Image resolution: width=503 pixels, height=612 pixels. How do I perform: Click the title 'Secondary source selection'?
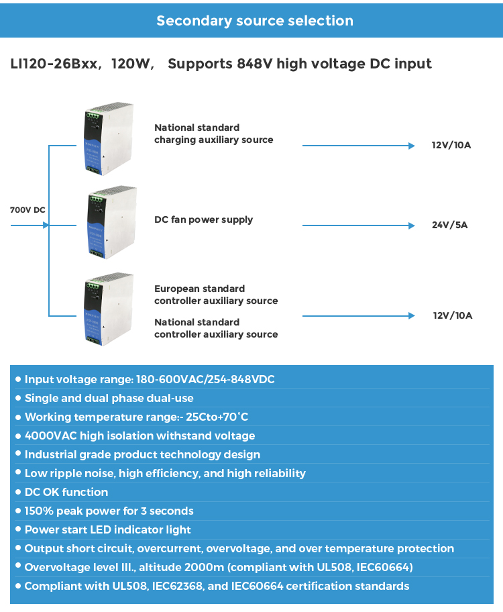(x=255, y=21)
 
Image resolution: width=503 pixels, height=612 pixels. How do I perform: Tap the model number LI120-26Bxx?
(x=54, y=64)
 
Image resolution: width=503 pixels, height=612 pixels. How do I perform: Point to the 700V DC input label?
(x=27, y=210)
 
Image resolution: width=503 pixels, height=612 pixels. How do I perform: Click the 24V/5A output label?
(x=449, y=225)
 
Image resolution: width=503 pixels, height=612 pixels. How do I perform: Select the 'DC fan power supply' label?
(x=203, y=219)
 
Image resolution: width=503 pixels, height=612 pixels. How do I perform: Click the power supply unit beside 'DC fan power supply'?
(x=111, y=222)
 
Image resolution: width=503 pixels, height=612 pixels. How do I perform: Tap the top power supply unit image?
(x=109, y=138)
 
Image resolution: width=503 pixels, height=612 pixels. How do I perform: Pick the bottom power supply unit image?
(x=109, y=309)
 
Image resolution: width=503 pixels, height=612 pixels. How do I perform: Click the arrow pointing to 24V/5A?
(x=359, y=225)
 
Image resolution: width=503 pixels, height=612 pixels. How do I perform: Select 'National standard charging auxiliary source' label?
(x=213, y=134)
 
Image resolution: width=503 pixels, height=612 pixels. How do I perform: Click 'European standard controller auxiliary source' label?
(x=216, y=295)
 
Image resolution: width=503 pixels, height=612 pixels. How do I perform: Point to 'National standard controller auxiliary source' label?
(x=216, y=328)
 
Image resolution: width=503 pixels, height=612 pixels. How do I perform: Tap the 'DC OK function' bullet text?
(x=66, y=492)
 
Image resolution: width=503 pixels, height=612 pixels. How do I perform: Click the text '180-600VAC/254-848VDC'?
(x=205, y=379)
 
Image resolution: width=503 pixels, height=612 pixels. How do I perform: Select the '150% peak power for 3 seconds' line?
(x=109, y=511)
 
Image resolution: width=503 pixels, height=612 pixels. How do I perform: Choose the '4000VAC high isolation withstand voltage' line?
(x=139, y=436)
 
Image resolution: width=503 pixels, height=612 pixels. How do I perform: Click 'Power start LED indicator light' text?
(x=108, y=529)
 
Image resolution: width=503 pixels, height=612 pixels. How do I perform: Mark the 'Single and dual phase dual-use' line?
(x=109, y=398)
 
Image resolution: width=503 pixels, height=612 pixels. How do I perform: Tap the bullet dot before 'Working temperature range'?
(x=18, y=417)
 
